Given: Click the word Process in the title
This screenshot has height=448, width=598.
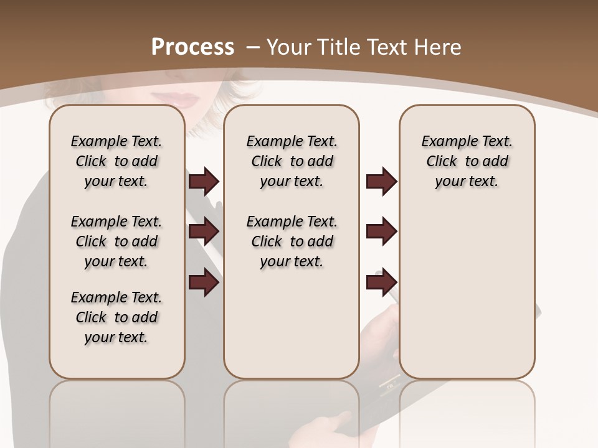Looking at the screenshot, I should point(193,47).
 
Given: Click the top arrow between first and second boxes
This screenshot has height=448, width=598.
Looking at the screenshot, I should point(204,181).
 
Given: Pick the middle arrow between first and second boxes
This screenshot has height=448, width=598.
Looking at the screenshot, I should point(204,232).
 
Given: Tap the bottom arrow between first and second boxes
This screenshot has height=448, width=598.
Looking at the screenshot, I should point(204,282).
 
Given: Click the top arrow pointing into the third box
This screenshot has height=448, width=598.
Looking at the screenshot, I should point(381,181).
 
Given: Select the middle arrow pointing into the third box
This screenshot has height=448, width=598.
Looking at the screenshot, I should point(381,232).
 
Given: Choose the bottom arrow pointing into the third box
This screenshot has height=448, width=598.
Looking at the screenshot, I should point(381,282).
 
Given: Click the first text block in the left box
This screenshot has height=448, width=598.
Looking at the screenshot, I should point(116,161).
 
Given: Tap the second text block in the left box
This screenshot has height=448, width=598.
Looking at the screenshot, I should point(116,241).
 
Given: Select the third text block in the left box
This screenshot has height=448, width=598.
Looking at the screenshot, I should point(116,317).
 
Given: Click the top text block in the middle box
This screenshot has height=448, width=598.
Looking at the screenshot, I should point(292,161).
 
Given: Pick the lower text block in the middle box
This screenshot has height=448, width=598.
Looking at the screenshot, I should point(292,241).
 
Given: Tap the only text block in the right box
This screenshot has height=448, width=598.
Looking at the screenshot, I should point(467,161).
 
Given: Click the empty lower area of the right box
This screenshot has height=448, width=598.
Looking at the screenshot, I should point(467,299).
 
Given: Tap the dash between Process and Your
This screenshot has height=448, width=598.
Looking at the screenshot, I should point(254,47).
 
